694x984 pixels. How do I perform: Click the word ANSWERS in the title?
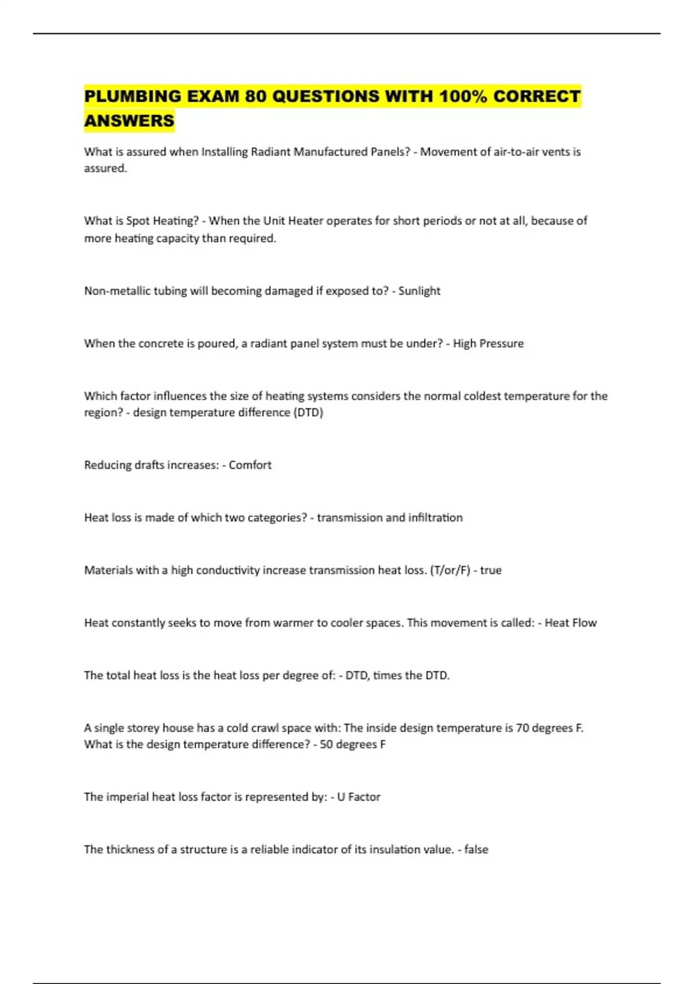tap(129, 120)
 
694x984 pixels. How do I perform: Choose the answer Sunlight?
tap(419, 291)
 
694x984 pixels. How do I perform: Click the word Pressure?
tap(501, 343)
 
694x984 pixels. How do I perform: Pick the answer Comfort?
tap(250, 465)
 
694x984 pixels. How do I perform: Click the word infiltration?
tap(435, 517)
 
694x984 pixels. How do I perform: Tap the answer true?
tap(490, 570)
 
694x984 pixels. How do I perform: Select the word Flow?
tap(584, 623)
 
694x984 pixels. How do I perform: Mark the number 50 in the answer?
tap(326, 744)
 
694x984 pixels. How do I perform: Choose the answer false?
tap(476, 850)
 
